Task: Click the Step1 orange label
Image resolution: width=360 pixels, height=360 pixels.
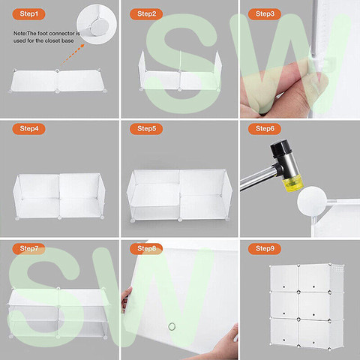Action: pos(28,14)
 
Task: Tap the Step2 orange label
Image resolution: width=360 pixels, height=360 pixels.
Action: pos(146,14)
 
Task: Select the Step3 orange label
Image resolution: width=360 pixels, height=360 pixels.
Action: pos(265,14)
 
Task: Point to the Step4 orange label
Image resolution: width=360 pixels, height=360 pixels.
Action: pos(28,129)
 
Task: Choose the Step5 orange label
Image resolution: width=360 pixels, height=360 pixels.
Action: pos(146,129)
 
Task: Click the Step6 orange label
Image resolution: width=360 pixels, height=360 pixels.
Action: pos(265,129)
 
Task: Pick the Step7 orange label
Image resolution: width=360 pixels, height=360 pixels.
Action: pos(28,248)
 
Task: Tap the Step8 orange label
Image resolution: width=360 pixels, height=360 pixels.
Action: pos(146,248)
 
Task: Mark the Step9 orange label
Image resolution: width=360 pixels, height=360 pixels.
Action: pos(265,248)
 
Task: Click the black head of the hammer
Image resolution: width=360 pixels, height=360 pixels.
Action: pos(280,148)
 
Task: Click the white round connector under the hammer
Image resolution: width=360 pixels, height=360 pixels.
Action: pos(311,201)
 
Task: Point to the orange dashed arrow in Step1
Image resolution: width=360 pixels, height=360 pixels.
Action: pos(72,55)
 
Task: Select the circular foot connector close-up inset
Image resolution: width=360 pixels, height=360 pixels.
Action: pos(97,24)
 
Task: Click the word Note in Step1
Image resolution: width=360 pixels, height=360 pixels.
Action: pos(19,33)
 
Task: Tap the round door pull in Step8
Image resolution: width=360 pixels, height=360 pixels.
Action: pos(172,326)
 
